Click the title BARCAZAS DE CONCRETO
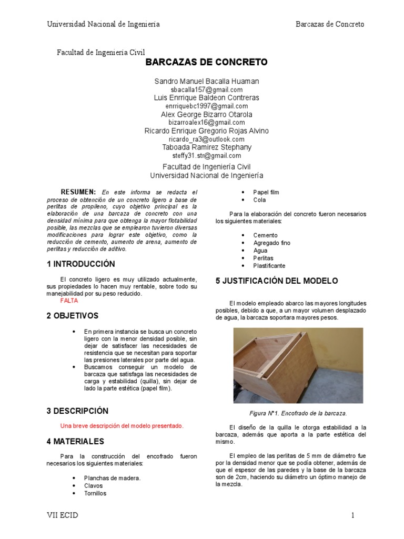coord(206,63)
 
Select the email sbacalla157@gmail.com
coord(206,89)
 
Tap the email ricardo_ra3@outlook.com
coord(206,139)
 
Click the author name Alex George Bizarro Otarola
coord(206,114)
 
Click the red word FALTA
coord(69,301)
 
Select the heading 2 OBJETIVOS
coord(73,316)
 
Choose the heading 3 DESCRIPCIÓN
coord(77,411)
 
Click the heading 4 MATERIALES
coord(75,441)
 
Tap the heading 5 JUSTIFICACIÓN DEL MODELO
coord(277,281)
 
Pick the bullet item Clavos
coord(94,485)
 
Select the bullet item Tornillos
coord(95,493)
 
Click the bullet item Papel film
coord(266,192)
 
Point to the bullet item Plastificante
coord(269,266)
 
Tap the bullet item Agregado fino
coord(271,243)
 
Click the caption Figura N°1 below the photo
coord(298,413)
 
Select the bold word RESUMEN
coord(78,192)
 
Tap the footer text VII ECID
coord(62,515)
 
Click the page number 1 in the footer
coord(353,515)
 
